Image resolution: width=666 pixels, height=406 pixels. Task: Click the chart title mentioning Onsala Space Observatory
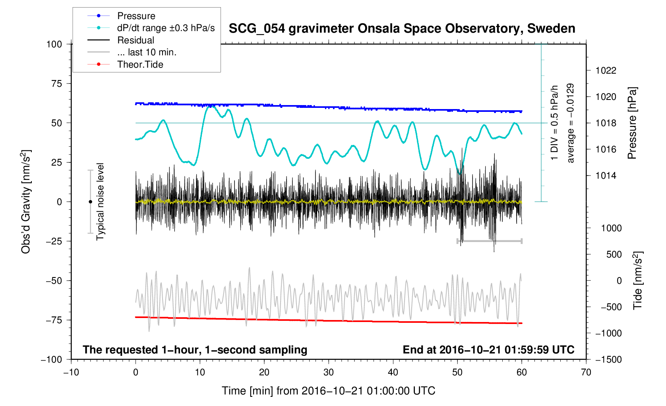point(402,29)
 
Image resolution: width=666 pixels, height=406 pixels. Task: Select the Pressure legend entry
point(136,16)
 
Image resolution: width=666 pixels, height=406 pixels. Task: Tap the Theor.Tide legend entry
point(140,64)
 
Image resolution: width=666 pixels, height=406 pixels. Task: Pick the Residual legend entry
point(136,40)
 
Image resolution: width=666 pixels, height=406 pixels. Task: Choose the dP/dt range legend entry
point(166,28)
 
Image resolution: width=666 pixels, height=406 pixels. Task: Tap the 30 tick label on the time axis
point(329,372)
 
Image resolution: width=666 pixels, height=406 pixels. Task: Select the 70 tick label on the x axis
point(586,372)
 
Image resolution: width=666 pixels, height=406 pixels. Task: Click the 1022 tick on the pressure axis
point(606,70)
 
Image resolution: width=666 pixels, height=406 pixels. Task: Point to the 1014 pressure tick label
point(606,176)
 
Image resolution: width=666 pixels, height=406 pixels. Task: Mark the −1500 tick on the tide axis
point(608,359)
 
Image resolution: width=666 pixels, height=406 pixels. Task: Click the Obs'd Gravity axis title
point(26,202)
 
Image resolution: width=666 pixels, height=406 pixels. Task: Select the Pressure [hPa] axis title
point(632,123)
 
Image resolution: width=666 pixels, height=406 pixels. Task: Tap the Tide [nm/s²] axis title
point(637,281)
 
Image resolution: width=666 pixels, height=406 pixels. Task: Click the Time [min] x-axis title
point(328,391)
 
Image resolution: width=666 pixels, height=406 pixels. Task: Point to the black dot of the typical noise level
point(90,202)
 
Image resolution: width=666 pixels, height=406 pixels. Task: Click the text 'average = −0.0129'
point(571,123)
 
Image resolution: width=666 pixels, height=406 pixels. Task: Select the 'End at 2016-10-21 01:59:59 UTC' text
point(488,350)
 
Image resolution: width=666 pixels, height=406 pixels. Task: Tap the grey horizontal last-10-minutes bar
point(489,241)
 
